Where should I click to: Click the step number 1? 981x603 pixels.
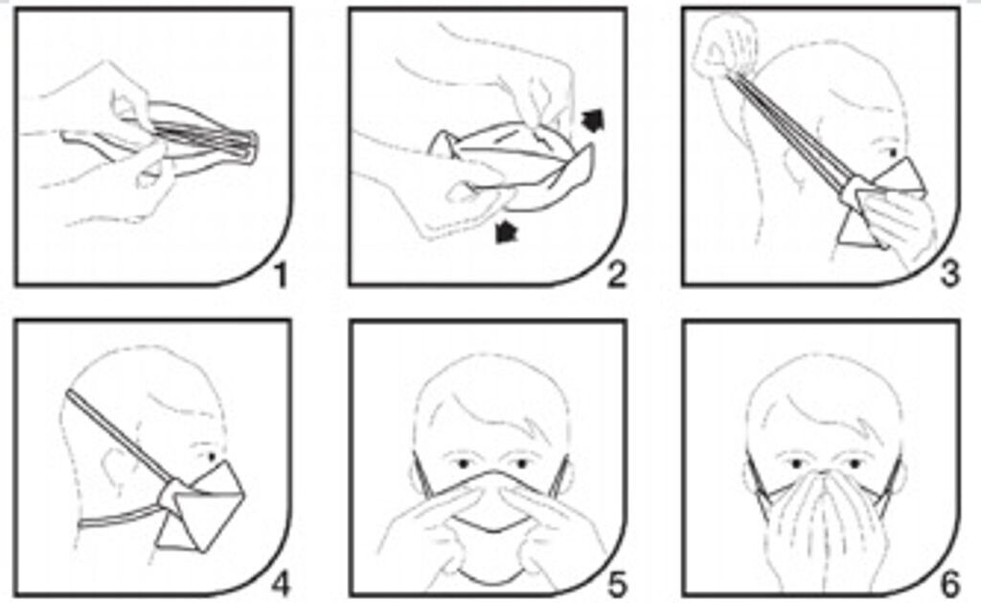pos(282,276)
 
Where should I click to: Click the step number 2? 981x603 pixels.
pos(617,276)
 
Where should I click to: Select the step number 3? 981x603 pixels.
pos(950,276)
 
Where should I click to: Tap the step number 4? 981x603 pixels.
pos(281,586)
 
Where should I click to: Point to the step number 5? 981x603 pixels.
pos(617,586)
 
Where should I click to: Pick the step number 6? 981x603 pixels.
pos(950,586)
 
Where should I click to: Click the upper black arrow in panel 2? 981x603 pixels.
pos(592,120)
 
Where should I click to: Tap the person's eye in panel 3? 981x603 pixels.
pos(891,152)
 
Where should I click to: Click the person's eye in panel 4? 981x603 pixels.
pos(211,458)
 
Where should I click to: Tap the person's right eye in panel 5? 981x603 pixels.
pos(464,463)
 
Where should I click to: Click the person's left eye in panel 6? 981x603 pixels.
pos(854,463)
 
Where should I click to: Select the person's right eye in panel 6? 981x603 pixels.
pos(796,463)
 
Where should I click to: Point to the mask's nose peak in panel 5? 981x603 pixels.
pos(492,472)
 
